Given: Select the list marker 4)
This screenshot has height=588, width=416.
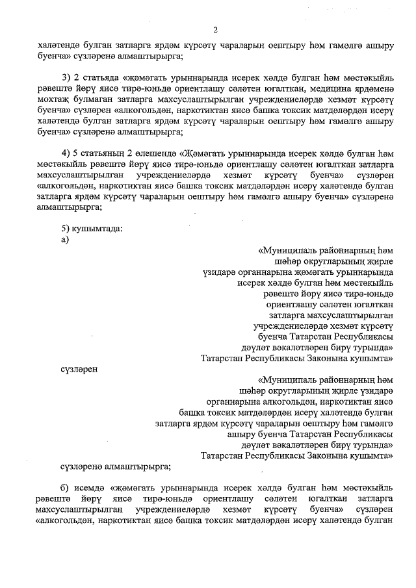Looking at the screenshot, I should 66,153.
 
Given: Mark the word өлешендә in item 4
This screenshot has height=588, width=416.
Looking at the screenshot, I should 156,153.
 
